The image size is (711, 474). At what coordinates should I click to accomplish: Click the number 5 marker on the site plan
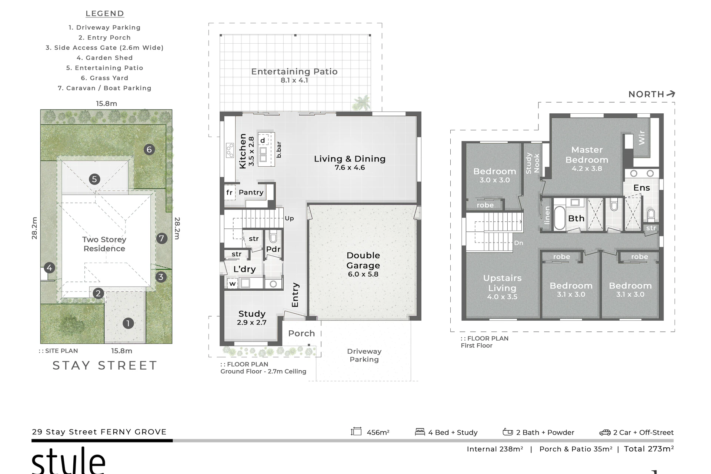tap(94, 179)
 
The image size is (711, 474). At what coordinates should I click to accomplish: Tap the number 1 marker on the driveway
tap(128, 323)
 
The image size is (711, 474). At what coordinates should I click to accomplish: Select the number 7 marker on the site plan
tap(161, 238)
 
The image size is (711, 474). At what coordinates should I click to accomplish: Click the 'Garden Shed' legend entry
tap(105, 58)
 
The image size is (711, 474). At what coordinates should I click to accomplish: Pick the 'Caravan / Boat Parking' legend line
tap(105, 88)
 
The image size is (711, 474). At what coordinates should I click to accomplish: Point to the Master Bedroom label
tap(587, 155)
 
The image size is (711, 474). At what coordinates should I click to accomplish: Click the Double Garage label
tap(363, 260)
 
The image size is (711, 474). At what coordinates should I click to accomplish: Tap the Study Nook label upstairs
tap(533, 163)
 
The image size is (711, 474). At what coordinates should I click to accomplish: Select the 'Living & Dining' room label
tap(350, 159)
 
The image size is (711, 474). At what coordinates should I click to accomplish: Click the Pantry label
tap(251, 192)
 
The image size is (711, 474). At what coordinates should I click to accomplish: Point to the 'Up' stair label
tap(289, 218)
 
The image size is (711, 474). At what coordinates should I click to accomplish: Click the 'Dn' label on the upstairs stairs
tap(518, 243)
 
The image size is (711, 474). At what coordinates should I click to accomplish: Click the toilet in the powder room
tap(273, 236)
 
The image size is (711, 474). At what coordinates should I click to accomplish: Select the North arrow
tap(671, 94)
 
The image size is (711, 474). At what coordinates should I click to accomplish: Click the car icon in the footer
tap(605, 433)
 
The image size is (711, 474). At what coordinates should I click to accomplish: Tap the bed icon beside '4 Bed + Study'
tap(420, 432)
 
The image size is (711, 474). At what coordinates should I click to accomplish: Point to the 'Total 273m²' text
tap(649, 449)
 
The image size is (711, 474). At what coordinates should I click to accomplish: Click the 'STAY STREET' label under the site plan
tap(105, 365)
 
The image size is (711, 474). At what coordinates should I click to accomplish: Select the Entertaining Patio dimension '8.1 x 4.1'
tap(294, 80)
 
